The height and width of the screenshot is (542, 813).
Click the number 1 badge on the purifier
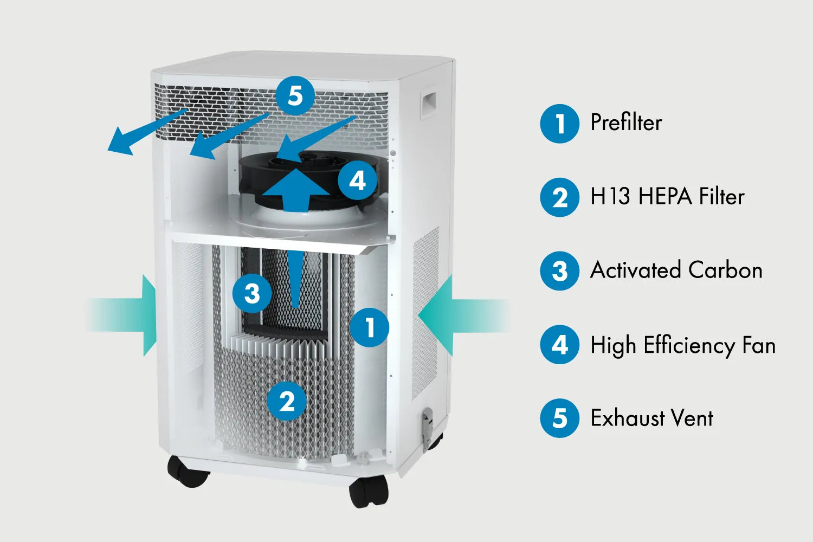pos(369,327)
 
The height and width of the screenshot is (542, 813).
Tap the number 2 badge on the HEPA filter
pos(287,401)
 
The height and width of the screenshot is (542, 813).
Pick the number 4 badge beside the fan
pos(357,180)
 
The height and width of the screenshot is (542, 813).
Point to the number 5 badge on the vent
pos(295,96)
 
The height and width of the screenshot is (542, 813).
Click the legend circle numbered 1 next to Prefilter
pos(559,124)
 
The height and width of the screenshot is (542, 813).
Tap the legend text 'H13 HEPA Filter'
pos(667,197)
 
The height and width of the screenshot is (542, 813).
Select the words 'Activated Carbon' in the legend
pos(676,270)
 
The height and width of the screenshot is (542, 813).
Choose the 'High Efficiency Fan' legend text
pos(683,345)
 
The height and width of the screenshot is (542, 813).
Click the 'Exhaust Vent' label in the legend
pos(651,418)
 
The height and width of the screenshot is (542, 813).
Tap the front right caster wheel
pos(369,491)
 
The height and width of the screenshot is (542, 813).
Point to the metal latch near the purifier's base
pos(428,422)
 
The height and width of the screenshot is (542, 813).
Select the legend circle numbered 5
pos(559,418)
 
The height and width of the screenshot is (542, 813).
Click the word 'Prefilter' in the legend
pos(626,123)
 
